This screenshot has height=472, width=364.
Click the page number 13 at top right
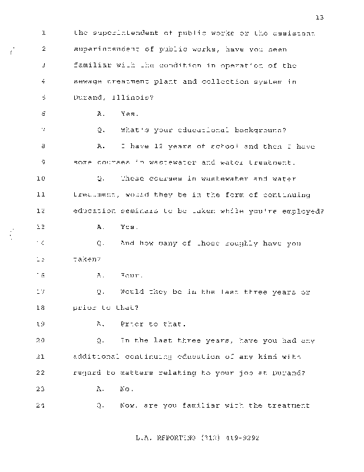(x=320, y=18)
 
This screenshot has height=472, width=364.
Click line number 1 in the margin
(x=44, y=33)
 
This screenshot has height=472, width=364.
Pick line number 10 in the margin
(x=41, y=178)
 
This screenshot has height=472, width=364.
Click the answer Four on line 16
(x=131, y=275)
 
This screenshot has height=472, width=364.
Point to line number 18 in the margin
(x=41, y=307)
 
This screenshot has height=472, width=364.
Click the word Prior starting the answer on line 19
(x=133, y=324)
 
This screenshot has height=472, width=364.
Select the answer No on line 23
(x=127, y=389)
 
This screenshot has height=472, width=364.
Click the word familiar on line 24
(x=203, y=405)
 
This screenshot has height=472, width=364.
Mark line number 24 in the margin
(x=41, y=405)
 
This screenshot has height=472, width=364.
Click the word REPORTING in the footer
(x=173, y=439)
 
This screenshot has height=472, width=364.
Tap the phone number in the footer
(x=231, y=439)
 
